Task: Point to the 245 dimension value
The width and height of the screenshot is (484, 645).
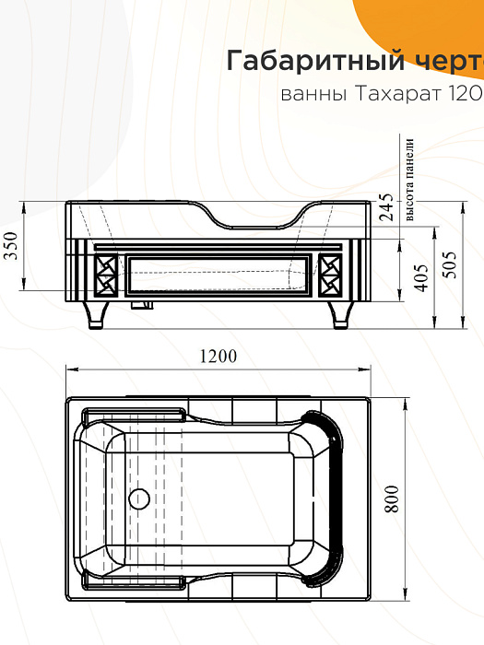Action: (385, 210)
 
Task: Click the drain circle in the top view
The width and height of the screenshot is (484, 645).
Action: (138, 499)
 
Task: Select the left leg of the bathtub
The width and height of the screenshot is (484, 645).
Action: (98, 314)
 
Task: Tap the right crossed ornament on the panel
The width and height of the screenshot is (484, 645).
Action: (330, 275)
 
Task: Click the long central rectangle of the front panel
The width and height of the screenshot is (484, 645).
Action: (217, 275)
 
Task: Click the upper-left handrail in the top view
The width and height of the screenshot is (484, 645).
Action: (134, 411)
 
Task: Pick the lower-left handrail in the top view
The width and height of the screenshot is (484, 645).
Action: (134, 583)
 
